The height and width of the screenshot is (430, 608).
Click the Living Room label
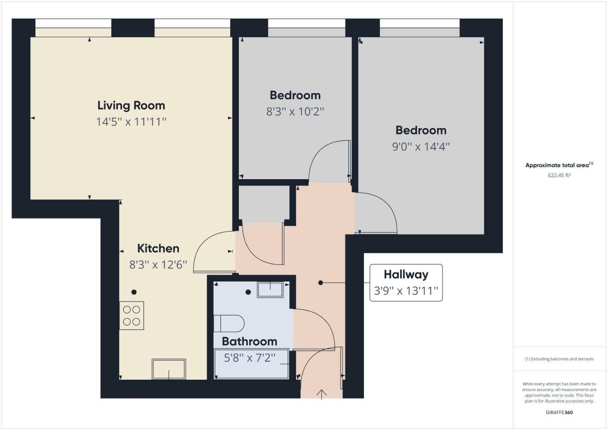pyautogui.click(x=131, y=106)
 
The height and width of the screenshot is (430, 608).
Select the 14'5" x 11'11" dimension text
pyautogui.click(x=131, y=121)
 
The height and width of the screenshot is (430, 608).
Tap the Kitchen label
pyautogui.click(x=158, y=248)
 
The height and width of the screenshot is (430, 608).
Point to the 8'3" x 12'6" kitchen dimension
pyautogui.click(x=158, y=265)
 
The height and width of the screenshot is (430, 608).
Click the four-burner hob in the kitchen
pyautogui.click(x=131, y=316)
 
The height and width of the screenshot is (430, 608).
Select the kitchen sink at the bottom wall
pyautogui.click(x=169, y=369)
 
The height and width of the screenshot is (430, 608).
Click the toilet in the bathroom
pyautogui.click(x=229, y=323)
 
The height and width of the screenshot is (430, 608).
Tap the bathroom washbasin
pyautogui.click(x=270, y=289)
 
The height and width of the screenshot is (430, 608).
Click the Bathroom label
pyautogui.click(x=249, y=342)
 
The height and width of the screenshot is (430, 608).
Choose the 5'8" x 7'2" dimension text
pyautogui.click(x=249, y=358)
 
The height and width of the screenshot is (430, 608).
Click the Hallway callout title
pyautogui.click(x=406, y=274)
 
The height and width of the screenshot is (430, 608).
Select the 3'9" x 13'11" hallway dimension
pyautogui.click(x=406, y=291)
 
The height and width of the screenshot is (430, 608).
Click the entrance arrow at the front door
pyautogui.click(x=321, y=394)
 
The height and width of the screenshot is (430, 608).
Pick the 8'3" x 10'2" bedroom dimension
pyautogui.click(x=295, y=111)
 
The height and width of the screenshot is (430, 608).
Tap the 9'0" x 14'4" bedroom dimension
pyautogui.click(x=421, y=147)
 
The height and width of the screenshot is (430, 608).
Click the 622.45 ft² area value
pyautogui.click(x=559, y=175)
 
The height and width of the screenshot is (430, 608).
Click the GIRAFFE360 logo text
pyautogui.click(x=559, y=412)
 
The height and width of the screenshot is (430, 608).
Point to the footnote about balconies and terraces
pyautogui.click(x=559, y=359)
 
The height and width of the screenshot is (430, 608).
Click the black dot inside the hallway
pyautogui.click(x=321, y=283)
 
